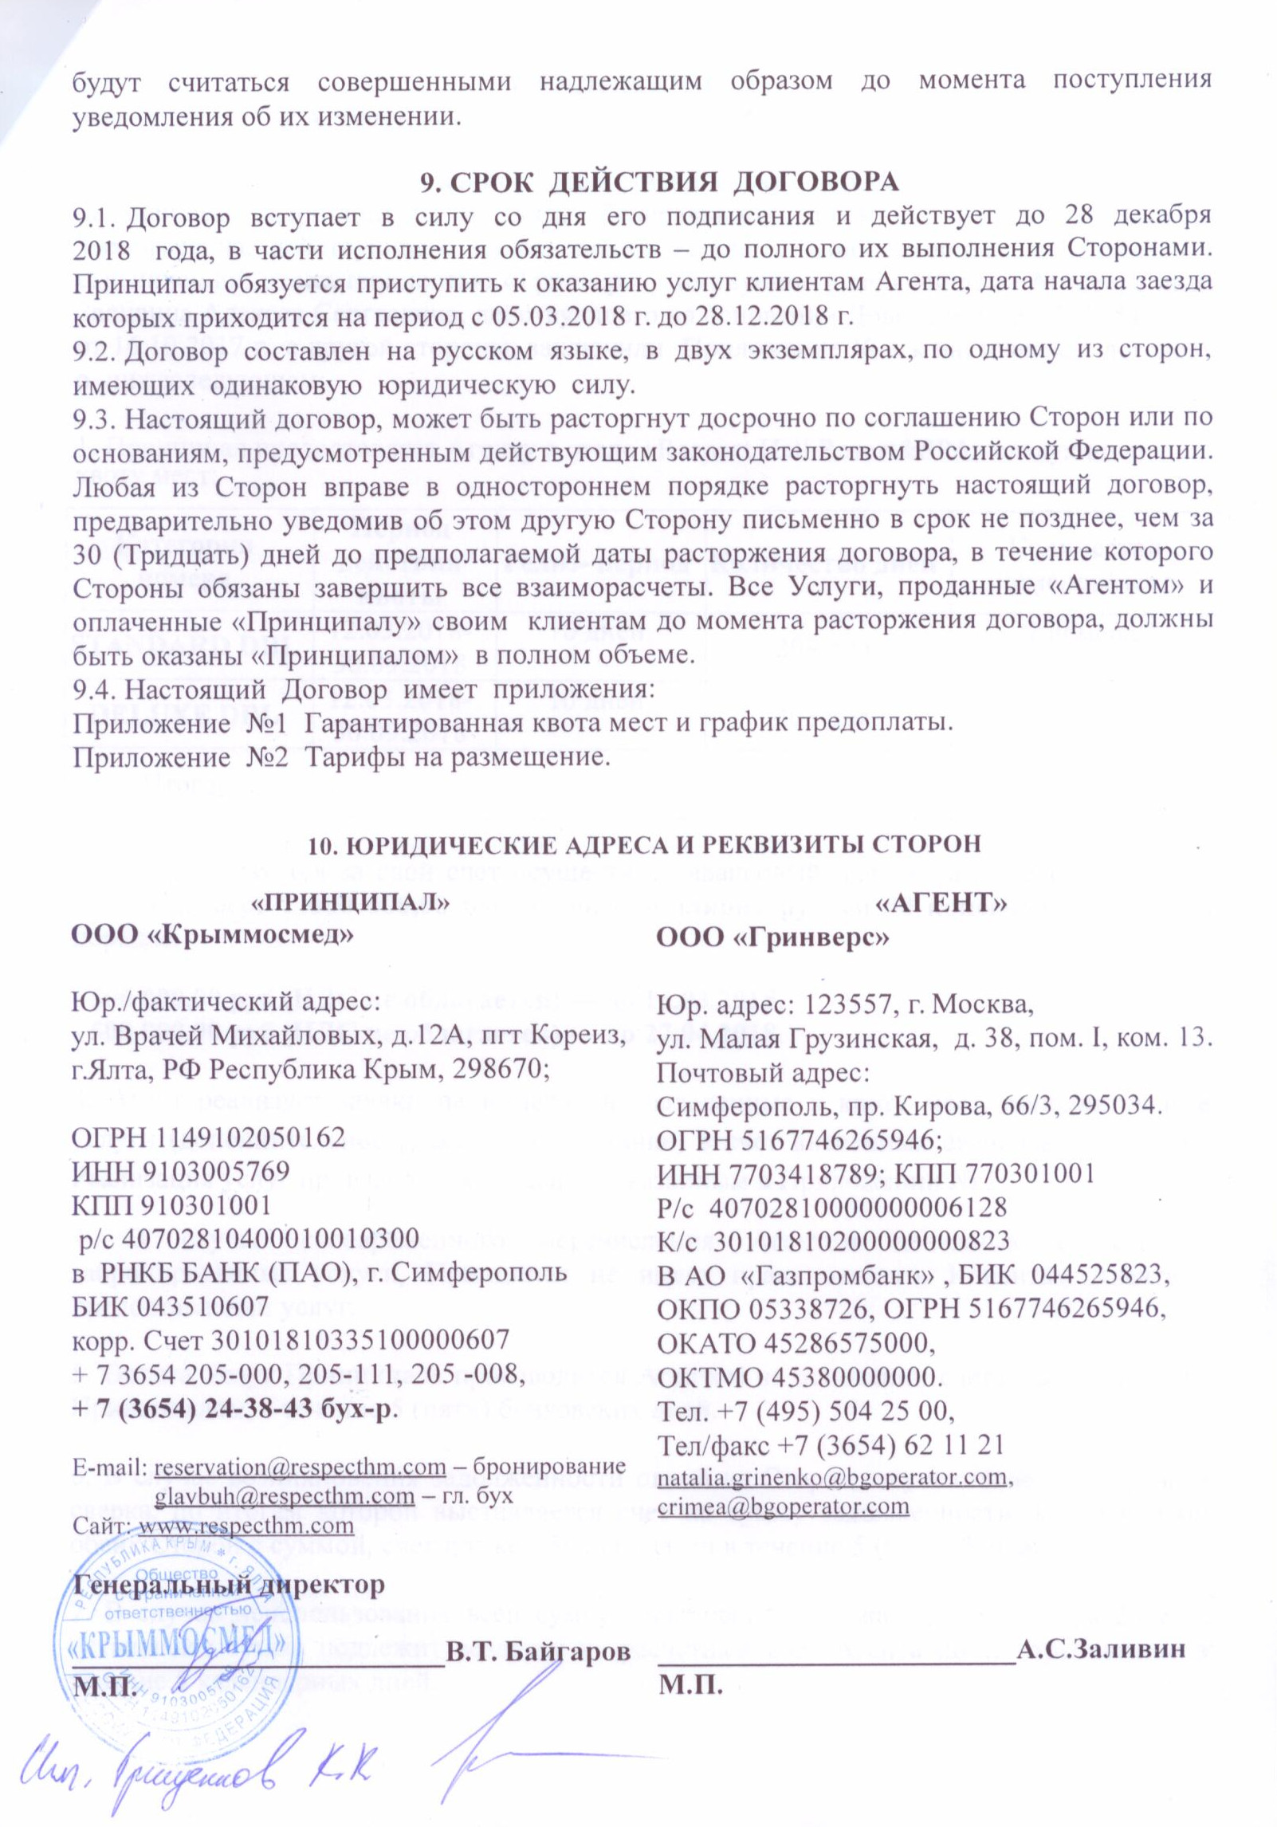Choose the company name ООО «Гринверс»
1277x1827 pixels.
[771, 939]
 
